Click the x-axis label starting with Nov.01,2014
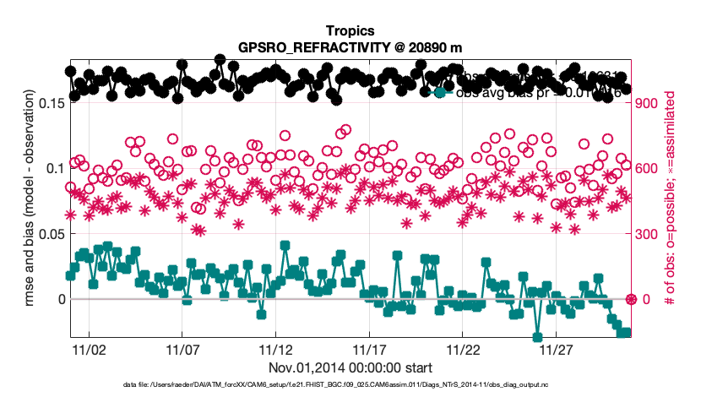(x=350, y=367)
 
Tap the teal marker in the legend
(x=439, y=92)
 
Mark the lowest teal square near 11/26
(x=537, y=337)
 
